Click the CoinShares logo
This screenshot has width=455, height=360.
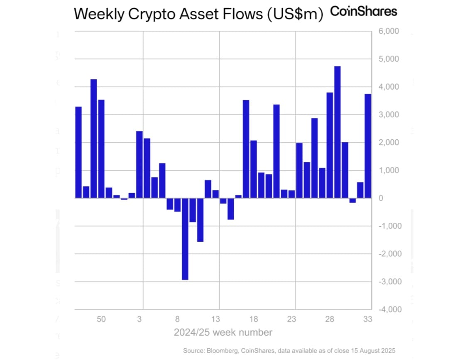(364, 12)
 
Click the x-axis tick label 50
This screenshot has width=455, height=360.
(101, 319)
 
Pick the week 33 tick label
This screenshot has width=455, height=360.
(367, 319)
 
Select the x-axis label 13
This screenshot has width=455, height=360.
(215, 319)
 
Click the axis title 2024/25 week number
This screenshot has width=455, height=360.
(223, 333)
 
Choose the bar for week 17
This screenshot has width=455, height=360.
(246, 149)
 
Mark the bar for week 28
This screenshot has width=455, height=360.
(330, 145)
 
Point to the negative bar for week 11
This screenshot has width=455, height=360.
(200, 220)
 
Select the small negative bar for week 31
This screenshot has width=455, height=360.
(352, 200)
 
